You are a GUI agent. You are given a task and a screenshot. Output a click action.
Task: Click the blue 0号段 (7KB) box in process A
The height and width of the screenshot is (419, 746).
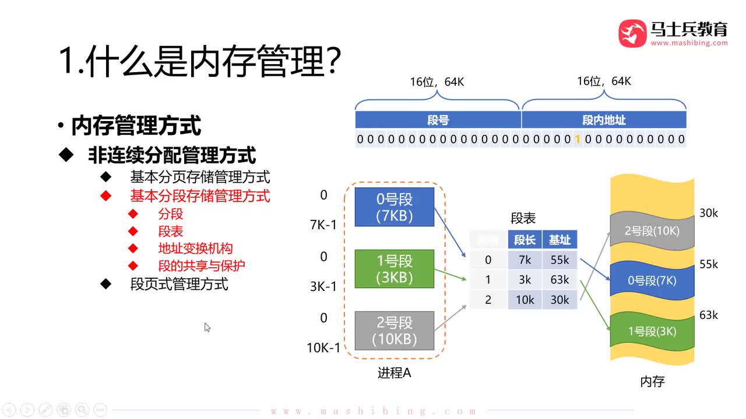[395, 207]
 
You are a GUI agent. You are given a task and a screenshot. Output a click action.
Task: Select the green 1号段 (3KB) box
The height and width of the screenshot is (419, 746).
[395, 269]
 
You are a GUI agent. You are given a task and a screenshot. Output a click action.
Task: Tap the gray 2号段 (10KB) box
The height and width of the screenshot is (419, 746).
[395, 331]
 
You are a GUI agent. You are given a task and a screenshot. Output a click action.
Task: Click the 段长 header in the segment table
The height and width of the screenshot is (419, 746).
[525, 240]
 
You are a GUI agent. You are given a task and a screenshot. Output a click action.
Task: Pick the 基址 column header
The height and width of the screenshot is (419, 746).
[559, 240]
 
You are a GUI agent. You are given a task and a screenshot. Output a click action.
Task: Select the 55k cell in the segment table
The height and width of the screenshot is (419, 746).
[559, 260]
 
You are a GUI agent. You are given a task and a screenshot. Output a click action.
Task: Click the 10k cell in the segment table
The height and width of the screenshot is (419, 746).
[525, 300]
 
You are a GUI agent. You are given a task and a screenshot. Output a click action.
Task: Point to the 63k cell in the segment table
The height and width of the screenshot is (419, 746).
[559, 280]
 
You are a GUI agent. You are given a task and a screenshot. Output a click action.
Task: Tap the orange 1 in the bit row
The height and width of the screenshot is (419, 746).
[578, 139]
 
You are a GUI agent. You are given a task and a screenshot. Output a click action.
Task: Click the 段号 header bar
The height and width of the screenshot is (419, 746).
[438, 120]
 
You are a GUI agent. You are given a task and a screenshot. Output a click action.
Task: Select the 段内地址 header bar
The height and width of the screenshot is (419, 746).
[604, 120]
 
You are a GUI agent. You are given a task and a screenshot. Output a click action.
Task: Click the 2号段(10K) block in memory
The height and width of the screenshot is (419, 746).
[652, 231]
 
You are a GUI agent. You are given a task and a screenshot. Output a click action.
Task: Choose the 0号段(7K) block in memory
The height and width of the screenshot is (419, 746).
[652, 280]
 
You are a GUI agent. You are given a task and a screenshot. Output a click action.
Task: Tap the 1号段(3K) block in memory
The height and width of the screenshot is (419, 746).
[652, 332]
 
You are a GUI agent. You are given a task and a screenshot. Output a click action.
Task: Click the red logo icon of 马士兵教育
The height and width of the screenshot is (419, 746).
[632, 33]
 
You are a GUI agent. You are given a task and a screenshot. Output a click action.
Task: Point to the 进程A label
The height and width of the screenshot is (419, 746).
[395, 373]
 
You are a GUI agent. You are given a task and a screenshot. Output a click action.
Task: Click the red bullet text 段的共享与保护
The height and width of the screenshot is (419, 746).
[202, 266]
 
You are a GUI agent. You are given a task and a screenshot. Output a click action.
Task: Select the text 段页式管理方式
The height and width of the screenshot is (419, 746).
[180, 285]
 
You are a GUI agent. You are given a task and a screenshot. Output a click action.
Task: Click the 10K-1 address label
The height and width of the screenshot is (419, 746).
[323, 348]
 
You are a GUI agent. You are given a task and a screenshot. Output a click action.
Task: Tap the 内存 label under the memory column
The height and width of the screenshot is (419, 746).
[652, 382]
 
